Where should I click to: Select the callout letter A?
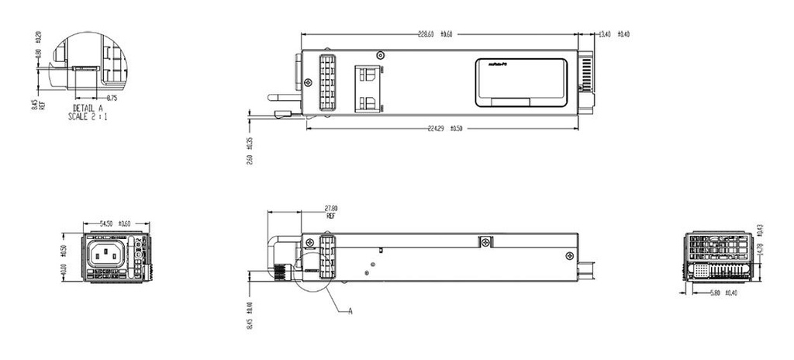tap(350, 311)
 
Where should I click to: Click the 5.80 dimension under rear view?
tap(720, 292)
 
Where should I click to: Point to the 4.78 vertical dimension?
tap(759, 249)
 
